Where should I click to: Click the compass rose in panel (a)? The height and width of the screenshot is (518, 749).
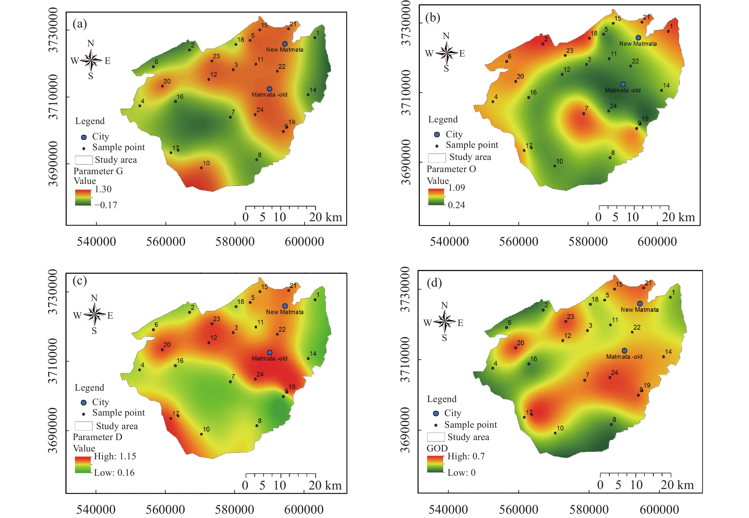(x=91, y=60)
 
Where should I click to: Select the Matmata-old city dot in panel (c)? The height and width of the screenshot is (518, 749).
(x=270, y=352)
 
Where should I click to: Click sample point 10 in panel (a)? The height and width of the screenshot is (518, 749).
(x=201, y=168)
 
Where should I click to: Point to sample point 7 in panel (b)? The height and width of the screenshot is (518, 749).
(x=584, y=114)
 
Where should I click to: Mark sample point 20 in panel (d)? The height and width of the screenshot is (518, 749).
(x=516, y=348)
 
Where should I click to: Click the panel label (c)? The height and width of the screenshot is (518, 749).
(x=80, y=280)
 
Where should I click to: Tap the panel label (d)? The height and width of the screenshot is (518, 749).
(x=434, y=283)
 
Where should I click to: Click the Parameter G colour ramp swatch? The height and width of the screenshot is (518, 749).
(x=83, y=197)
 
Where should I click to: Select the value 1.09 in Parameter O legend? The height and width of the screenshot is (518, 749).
(x=456, y=187)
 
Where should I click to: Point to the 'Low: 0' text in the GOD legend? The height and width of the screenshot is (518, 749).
(x=461, y=473)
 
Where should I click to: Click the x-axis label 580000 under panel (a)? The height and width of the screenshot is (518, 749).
(x=235, y=242)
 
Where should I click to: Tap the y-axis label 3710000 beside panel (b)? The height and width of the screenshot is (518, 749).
(x=406, y=92)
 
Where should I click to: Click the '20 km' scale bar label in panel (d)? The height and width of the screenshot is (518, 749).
(x=677, y=485)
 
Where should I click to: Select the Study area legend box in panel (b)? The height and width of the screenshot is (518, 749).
(x=437, y=158)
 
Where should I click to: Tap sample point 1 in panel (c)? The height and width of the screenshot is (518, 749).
(x=315, y=300)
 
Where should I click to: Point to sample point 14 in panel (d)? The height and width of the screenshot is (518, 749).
(x=664, y=357)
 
